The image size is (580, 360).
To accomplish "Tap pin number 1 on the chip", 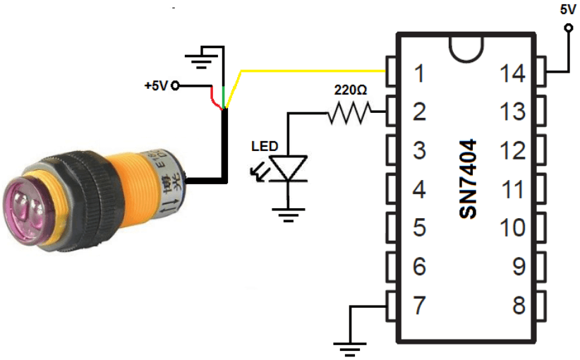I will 420,73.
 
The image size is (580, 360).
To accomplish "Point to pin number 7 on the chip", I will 420,306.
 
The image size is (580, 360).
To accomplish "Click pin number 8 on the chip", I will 520,306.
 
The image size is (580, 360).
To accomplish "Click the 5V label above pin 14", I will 567,9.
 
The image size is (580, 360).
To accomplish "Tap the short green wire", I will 224,95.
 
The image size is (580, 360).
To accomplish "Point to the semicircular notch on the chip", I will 468,47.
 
